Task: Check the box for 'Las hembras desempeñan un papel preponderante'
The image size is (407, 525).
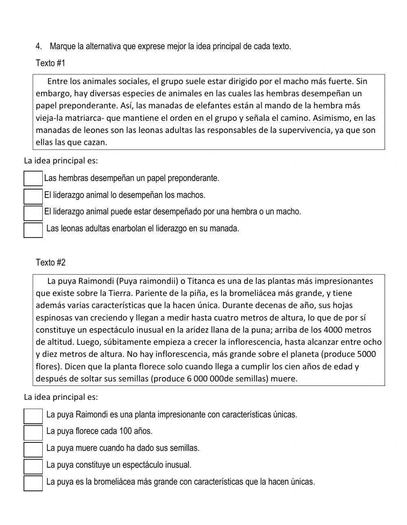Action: tap(33, 179)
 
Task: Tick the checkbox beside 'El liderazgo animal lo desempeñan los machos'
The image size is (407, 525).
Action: tap(33, 196)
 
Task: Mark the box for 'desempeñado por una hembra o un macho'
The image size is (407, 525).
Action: tap(33, 213)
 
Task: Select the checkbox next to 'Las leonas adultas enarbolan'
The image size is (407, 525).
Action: tap(33, 230)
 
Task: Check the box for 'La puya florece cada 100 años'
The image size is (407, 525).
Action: tap(33, 433)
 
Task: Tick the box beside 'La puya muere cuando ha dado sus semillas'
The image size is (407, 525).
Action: tap(33, 449)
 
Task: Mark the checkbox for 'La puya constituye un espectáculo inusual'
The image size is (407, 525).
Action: tap(33, 466)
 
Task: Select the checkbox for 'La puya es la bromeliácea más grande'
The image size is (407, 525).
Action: tap(33, 483)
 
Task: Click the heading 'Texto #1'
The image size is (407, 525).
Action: tap(50, 63)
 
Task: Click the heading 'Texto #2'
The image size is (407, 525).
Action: tap(50, 262)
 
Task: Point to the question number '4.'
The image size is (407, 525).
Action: tap(39, 46)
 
